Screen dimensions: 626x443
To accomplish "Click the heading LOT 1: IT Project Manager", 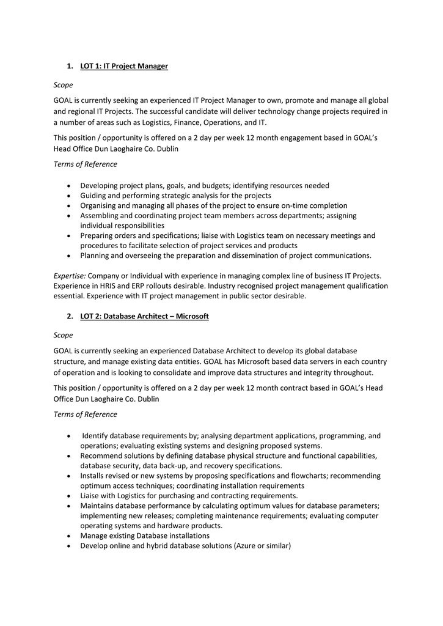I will tap(123, 65).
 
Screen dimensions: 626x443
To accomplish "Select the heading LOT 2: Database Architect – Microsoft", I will tap(144, 316).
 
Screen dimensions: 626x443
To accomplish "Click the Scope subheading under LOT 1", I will tap(63, 85).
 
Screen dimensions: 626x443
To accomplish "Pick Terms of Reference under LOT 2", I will tap(85, 414).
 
